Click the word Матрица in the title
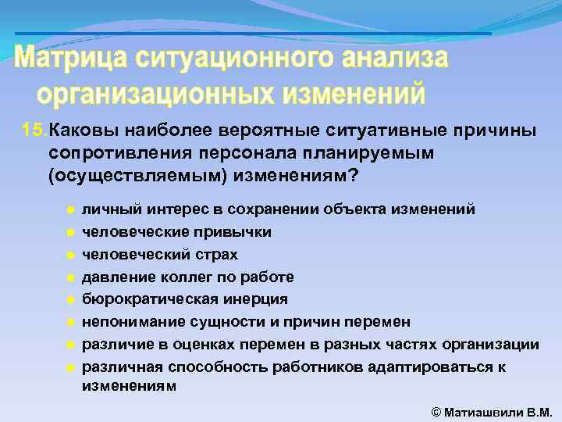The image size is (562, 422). (x=70, y=59)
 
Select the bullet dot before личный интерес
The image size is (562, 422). (x=69, y=210)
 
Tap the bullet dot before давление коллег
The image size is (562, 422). (x=69, y=277)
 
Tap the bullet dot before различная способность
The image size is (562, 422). (x=69, y=367)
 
